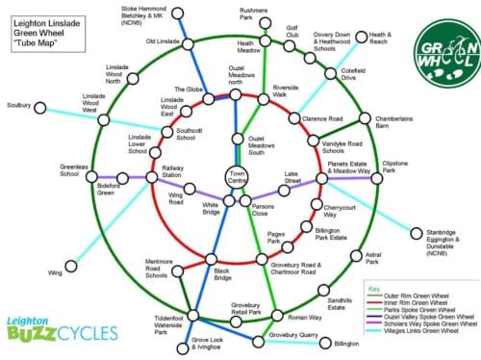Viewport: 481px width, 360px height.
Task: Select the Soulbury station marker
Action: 39,104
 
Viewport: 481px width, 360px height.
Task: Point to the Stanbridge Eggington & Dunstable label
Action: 440,241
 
